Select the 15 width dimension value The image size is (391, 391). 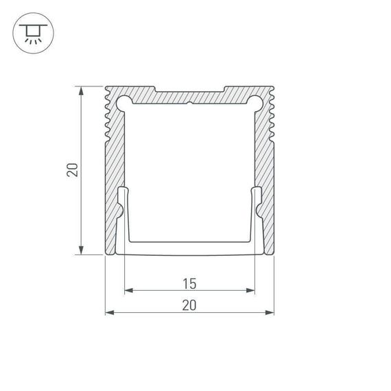(189, 282)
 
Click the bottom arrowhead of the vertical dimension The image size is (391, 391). (82, 251)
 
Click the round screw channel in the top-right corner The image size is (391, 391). (255, 103)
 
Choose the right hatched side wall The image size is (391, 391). (268, 171)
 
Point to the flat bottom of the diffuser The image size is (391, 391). (189, 246)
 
